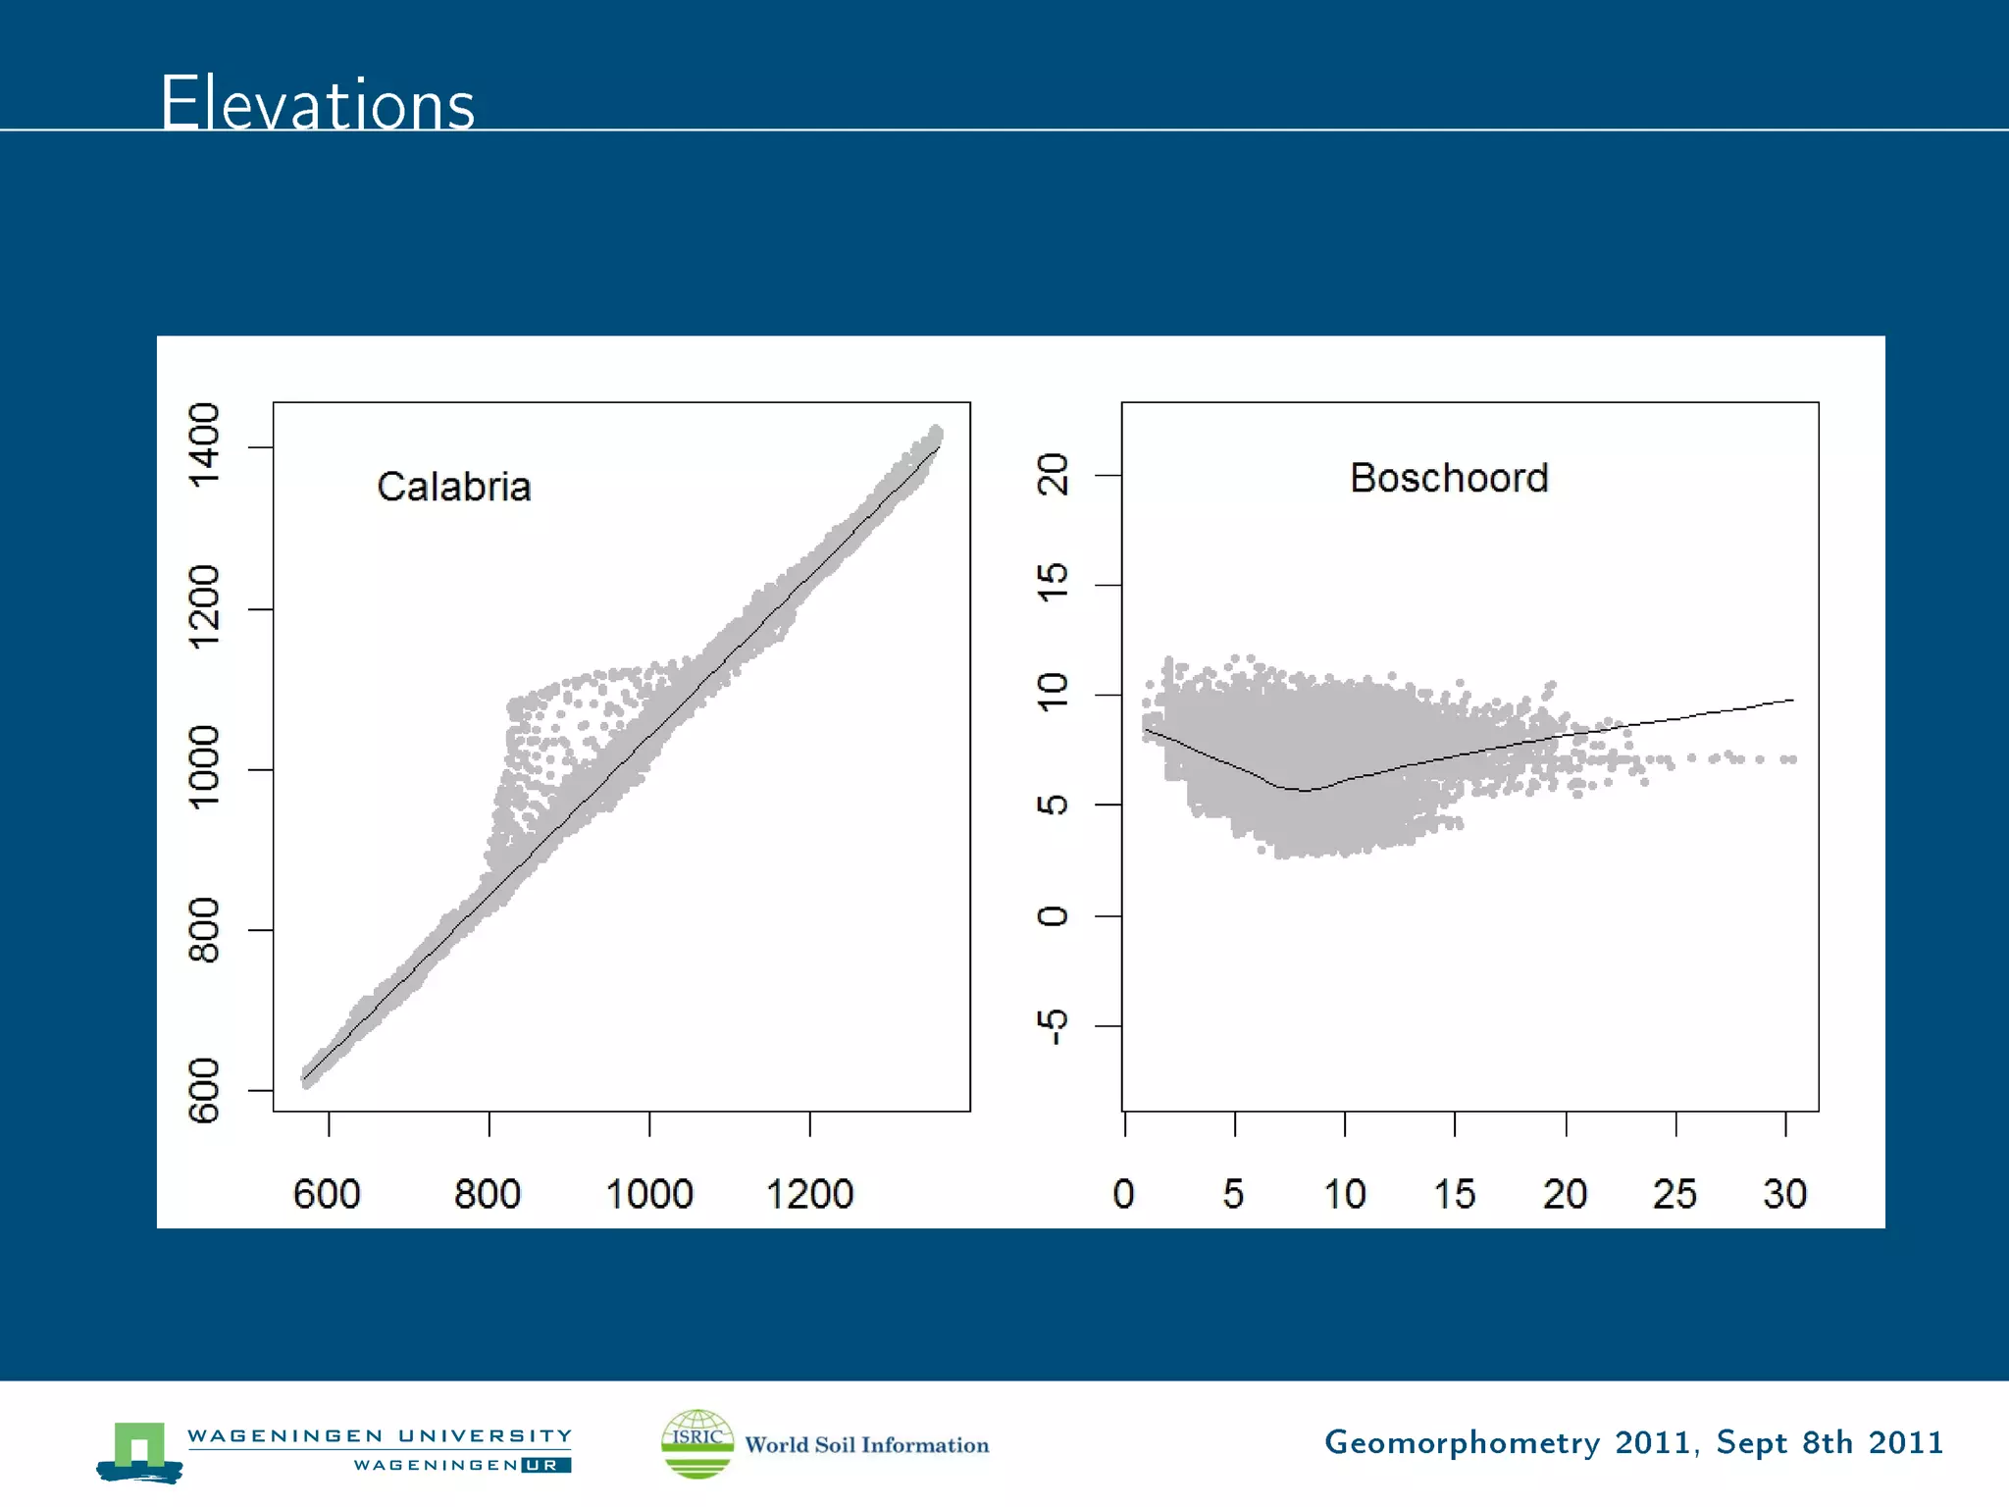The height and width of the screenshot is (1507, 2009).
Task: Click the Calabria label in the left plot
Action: tap(453, 487)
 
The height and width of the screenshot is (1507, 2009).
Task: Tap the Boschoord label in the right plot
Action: tap(1449, 478)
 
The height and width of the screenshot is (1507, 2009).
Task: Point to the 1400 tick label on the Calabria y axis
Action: tap(205, 445)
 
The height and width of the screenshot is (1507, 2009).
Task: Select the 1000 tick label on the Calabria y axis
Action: tap(205, 767)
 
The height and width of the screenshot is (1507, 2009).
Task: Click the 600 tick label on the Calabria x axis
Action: tap(327, 1194)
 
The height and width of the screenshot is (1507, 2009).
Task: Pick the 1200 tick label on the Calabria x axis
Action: tap(809, 1194)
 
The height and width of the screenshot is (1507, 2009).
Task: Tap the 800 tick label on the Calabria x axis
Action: tap(488, 1194)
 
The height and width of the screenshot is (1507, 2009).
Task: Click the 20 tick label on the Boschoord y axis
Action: tap(1053, 475)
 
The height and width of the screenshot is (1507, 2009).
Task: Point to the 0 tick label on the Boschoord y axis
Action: tap(1053, 915)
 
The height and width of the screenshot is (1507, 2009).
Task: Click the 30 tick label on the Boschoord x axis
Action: tap(1784, 1194)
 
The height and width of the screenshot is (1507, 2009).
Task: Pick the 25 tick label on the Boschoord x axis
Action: tap(1674, 1194)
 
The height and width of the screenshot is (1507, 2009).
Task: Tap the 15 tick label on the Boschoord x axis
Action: tap(1454, 1194)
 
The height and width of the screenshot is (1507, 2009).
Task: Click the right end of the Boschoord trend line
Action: tap(1793, 700)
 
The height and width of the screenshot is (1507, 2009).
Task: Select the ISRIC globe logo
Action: tap(697, 1443)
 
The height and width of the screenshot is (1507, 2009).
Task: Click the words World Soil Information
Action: tap(866, 1445)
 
